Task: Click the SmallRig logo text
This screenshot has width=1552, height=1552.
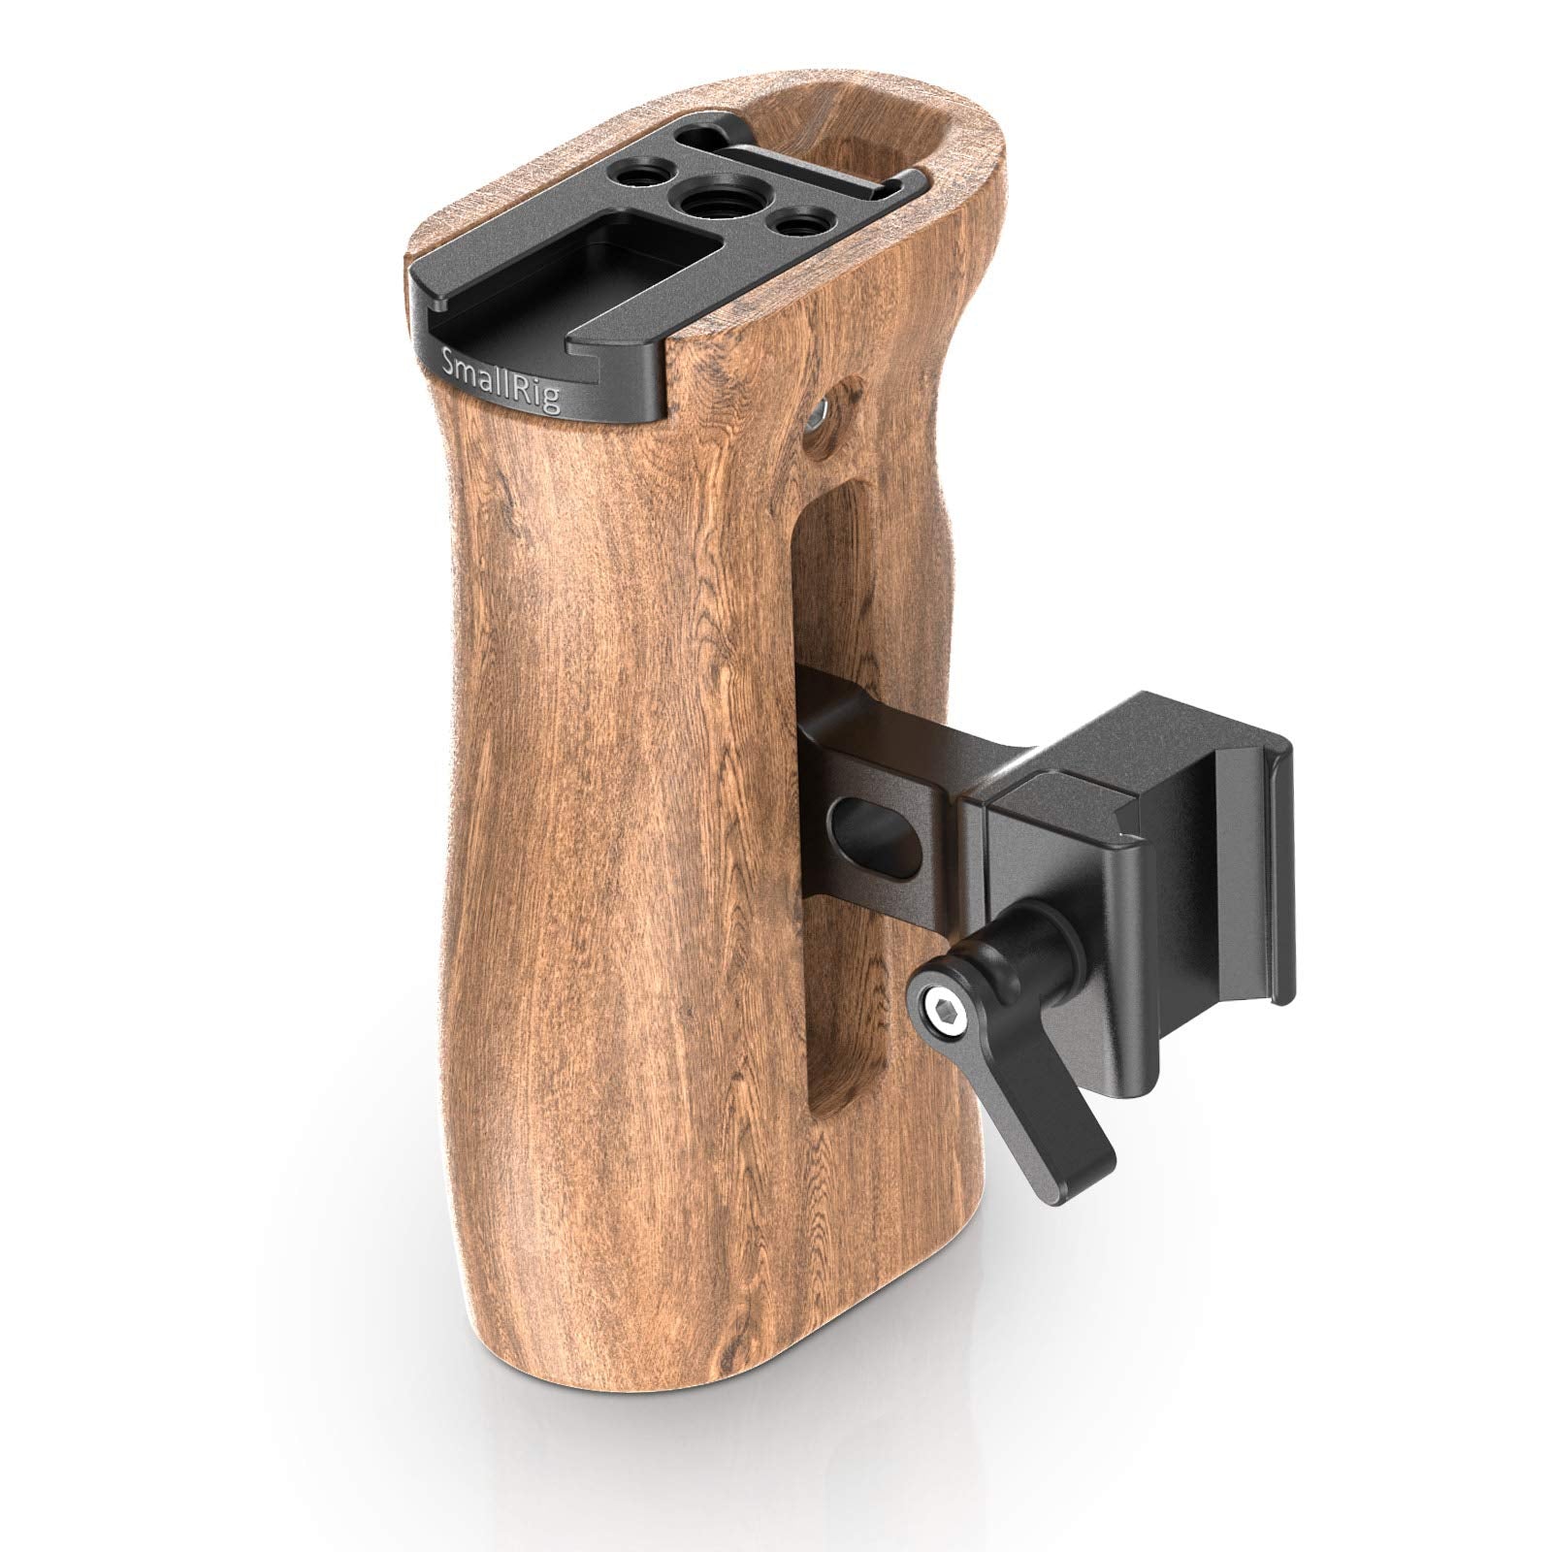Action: pyautogui.click(x=500, y=379)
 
